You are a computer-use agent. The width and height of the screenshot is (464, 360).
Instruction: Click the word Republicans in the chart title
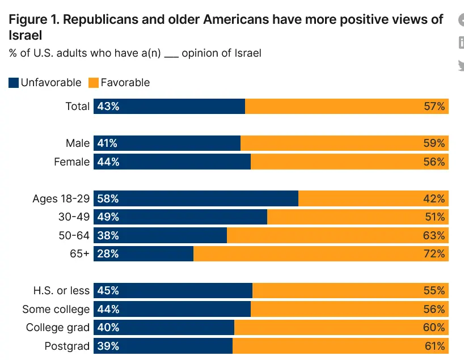(99, 20)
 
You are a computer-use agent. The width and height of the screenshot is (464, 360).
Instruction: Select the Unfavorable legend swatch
(14, 83)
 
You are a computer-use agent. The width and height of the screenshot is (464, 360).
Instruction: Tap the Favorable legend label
(125, 83)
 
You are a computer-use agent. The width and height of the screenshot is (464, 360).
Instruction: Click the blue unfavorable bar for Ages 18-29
(204, 198)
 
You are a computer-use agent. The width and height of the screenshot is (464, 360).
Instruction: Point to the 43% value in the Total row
(108, 106)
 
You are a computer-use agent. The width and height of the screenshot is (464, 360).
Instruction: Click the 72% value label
(434, 253)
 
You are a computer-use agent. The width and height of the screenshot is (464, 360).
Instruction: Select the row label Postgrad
(67, 346)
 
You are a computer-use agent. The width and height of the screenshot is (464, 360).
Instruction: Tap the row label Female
(71, 162)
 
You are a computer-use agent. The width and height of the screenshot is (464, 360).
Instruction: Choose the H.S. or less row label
(61, 291)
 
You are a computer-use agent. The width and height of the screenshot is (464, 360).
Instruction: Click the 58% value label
(108, 198)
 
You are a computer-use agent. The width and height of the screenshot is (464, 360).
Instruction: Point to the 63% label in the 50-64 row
(434, 235)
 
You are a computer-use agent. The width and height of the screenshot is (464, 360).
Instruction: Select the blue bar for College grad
(170, 328)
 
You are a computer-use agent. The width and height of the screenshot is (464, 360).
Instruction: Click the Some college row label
(56, 309)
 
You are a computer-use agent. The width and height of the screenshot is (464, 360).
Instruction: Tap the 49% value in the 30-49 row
(108, 217)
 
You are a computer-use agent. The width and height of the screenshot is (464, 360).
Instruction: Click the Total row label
(78, 106)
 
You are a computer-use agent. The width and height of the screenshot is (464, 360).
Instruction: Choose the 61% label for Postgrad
(434, 346)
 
